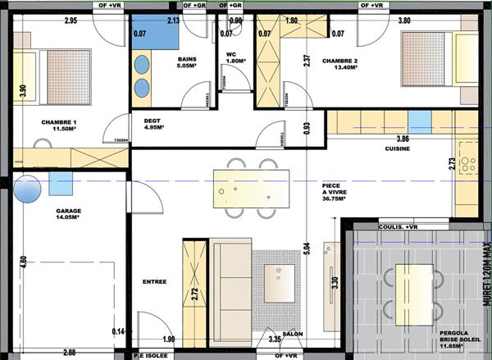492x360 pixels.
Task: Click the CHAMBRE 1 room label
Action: click(x=59, y=125)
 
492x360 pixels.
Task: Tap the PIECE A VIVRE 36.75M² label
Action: click(x=334, y=192)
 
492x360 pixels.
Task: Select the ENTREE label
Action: click(x=154, y=281)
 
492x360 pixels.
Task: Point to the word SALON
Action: click(x=293, y=334)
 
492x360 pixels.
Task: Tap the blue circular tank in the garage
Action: click(x=27, y=192)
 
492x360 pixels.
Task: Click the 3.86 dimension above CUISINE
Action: click(x=402, y=139)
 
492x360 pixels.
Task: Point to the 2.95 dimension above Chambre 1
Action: click(x=71, y=20)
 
